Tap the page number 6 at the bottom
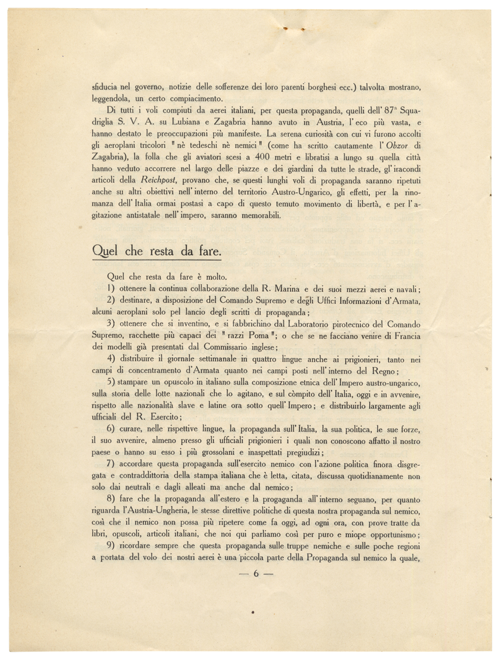[256, 573]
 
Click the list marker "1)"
[112, 289]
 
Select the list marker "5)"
[112, 383]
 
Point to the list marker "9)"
[112, 546]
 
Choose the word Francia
[405, 336]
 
